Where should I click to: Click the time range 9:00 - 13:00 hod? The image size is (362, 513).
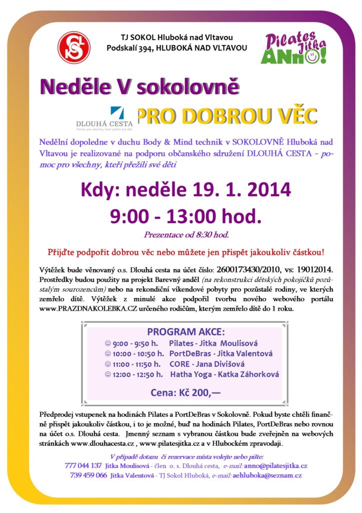click(186, 216)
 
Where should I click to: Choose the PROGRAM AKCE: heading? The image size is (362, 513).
click(185, 332)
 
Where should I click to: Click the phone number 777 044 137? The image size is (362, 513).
click(83, 465)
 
